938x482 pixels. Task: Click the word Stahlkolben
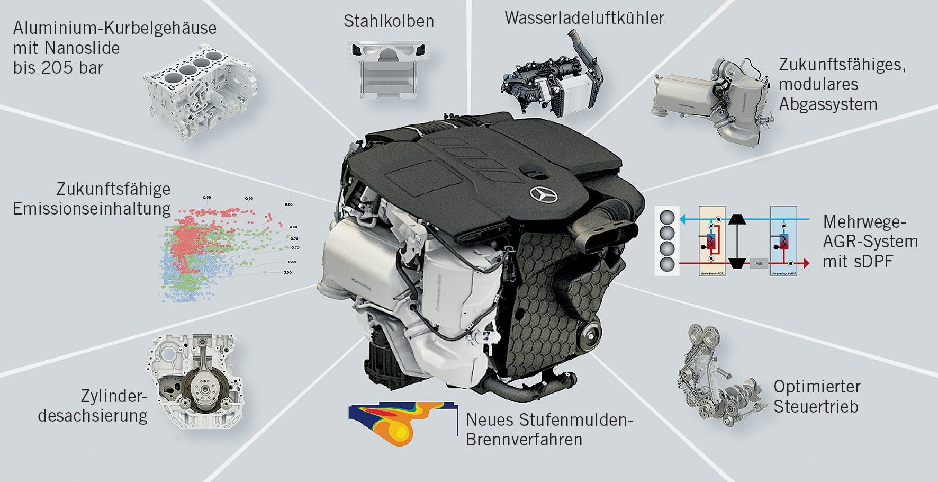[389, 21]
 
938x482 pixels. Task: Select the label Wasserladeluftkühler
[584, 18]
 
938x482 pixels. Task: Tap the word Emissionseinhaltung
[92, 209]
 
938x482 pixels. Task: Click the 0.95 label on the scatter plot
[207, 197]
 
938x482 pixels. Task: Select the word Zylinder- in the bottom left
[113, 396]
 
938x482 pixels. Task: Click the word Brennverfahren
[524, 440]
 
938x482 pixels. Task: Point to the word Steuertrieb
[816, 407]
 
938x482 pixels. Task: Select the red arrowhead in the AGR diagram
[806, 263]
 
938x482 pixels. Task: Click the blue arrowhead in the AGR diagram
[682, 219]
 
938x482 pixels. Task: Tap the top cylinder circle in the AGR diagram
[667, 218]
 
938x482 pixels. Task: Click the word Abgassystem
[828, 104]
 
